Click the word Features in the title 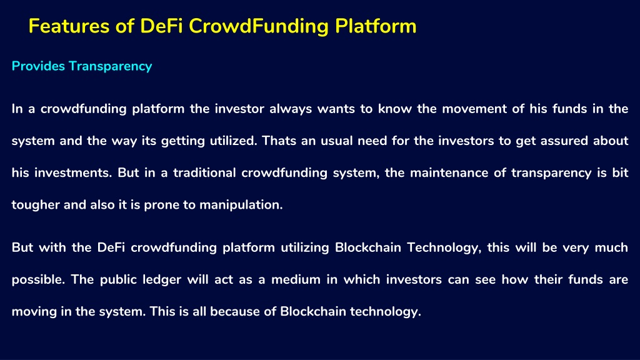pos(69,26)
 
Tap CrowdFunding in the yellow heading pos(258,27)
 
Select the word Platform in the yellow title pos(376,26)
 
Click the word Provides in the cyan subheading pos(38,66)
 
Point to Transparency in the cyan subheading pos(110,66)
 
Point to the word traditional pos(204,172)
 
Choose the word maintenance pos(449,173)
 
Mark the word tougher pos(36,205)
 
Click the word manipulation pos(241,205)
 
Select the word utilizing pos(305,247)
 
